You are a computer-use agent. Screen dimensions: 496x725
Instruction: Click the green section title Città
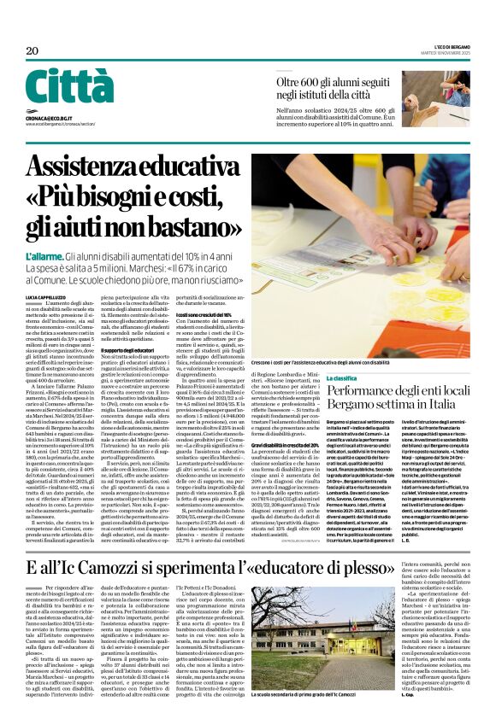click(69, 87)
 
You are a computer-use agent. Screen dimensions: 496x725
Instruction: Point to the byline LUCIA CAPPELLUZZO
click(46, 295)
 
